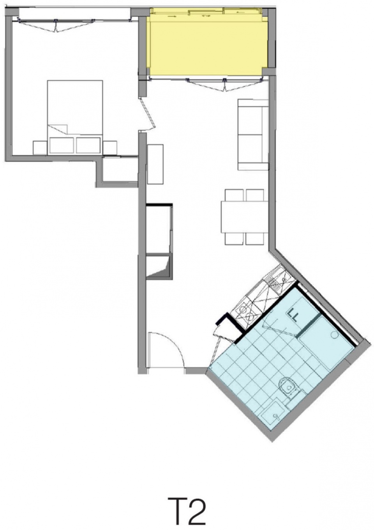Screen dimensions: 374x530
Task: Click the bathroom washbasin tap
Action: click(275, 415)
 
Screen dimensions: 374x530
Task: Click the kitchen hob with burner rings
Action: click(246, 312)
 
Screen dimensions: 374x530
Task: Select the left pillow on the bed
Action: click(61, 145)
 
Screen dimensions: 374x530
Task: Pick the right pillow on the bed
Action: click(88, 145)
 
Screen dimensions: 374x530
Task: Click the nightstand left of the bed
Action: click(40, 148)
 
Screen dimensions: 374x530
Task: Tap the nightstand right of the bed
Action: click(110, 148)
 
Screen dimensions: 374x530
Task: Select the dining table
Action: click(244, 217)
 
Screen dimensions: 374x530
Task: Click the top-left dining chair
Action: click(234, 195)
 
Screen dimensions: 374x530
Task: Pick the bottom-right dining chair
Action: click(255, 239)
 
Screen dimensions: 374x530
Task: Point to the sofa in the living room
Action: click(253, 135)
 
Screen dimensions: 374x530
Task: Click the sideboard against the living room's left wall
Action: click(155, 164)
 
